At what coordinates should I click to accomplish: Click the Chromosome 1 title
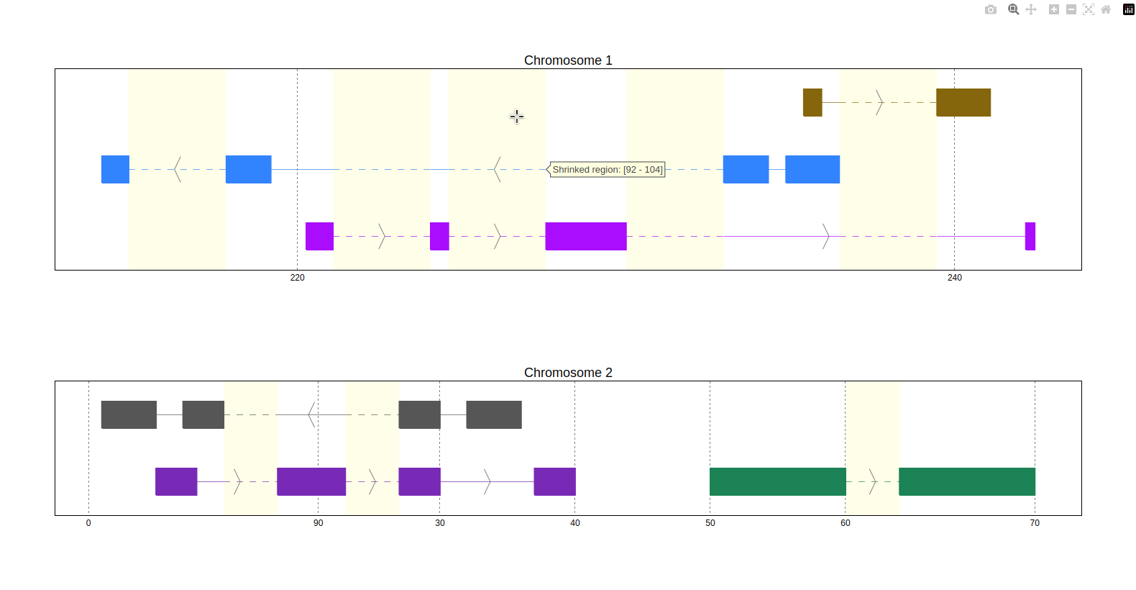point(568,60)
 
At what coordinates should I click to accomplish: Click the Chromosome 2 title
point(568,373)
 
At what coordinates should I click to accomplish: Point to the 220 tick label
point(297,278)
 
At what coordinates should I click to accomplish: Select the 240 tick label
point(954,278)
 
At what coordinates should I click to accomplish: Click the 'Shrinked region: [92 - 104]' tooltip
point(607,170)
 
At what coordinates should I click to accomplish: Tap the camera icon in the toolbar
point(991,9)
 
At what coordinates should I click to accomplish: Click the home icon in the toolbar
point(1106,9)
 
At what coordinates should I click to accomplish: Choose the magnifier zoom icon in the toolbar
point(1013,9)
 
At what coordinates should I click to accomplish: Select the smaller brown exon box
point(812,102)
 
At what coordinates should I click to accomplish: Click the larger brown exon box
point(963,102)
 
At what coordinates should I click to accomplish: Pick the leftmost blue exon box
point(115,169)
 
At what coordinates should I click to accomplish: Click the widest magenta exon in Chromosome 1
point(586,236)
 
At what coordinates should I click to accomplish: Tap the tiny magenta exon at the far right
point(1030,236)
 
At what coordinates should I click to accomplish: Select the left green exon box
point(778,481)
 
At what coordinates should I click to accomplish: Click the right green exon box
point(967,481)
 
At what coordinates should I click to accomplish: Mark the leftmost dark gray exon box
point(129,414)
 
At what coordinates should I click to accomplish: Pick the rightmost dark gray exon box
point(494,414)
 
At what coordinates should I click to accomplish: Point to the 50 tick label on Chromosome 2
point(710,523)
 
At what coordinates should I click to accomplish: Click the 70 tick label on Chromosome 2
point(1035,523)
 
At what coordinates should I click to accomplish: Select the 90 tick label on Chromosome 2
point(318,523)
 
